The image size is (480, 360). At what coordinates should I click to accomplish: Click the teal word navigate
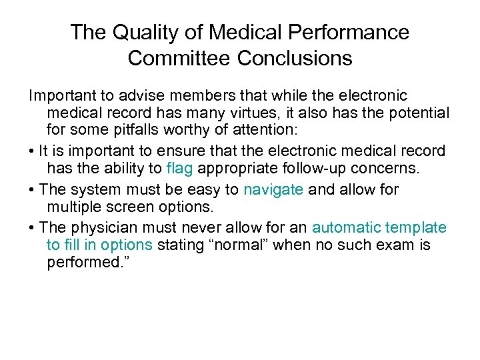[273, 190]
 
